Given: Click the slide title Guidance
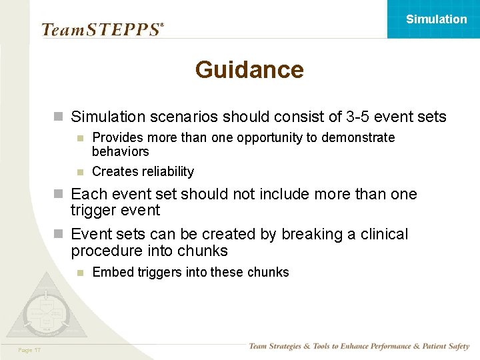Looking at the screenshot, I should pos(249,70).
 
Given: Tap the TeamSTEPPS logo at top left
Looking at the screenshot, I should pos(102,29).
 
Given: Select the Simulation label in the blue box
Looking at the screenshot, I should pos(436,19).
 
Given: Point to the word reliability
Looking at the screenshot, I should pos(163,172).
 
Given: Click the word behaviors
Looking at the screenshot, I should pos(120,151).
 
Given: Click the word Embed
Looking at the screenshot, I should pos(109,272).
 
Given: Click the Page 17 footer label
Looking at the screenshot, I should pos(30,349).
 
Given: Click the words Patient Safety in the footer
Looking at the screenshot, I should pos(441,346).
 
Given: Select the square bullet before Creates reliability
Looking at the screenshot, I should pos(79,172).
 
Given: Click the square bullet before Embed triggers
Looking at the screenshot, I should pos(79,273).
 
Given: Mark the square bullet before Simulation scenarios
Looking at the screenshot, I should pos(59,117).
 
